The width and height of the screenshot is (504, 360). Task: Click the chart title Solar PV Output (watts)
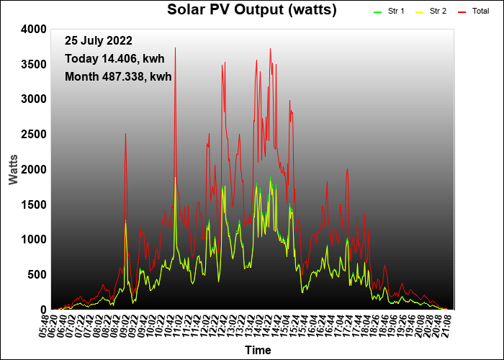coord(252,10)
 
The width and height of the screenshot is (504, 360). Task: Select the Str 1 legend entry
coord(389,12)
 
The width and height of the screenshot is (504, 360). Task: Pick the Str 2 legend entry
coord(431,12)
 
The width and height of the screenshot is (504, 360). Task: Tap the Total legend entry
coord(474,12)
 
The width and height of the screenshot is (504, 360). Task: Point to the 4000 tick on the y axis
coord(34,30)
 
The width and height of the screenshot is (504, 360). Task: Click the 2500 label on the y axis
coord(34,135)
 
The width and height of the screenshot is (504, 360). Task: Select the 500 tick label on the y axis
coord(37,275)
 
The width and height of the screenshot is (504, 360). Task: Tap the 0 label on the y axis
coord(43,310)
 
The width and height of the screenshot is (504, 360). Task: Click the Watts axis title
coord(13,170)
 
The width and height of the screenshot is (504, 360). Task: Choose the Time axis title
coord(258,350)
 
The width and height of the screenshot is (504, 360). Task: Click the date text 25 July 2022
coord(99,41)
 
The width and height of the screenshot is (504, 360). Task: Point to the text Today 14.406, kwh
coord(114,59)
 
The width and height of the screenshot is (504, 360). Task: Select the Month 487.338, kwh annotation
coord(118,77)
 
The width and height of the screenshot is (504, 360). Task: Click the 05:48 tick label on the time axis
coord(45,327)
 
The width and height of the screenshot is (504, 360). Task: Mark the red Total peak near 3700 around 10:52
coord(175,48)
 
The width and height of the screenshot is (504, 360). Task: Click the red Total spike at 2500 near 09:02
coord(126,133)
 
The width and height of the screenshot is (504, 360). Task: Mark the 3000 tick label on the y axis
coord(34,99)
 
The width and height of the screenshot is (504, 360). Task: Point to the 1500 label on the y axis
coord(34,204)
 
